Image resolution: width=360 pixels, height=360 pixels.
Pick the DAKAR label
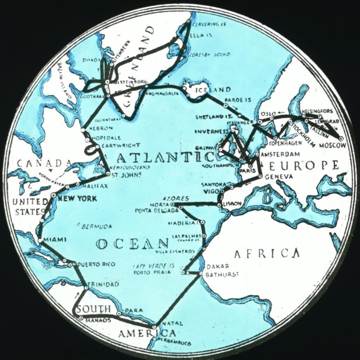(215, 265)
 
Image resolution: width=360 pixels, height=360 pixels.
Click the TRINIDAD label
(103, 284)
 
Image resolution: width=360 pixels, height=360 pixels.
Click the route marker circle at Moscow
(341, 139)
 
